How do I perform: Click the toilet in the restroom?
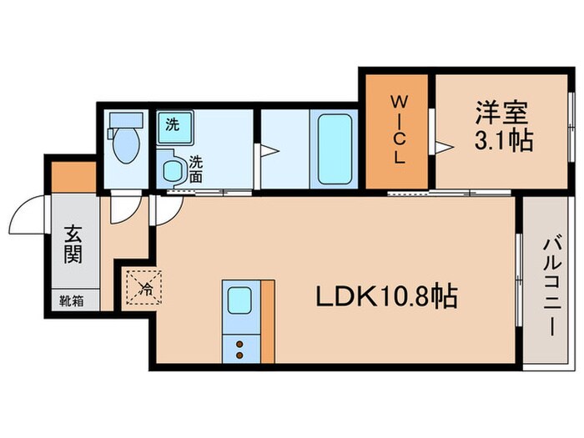pos(125,146)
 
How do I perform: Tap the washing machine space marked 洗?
pos(173,127)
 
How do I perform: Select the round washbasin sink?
pos(174,169)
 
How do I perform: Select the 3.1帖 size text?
pos(504,141)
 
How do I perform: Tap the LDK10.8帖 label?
pos(385,296)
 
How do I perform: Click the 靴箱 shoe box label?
pos(73,299)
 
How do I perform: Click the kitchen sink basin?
pos(240,298)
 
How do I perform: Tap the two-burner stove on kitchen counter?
pos(240,347)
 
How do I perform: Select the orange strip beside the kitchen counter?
pos(268,321)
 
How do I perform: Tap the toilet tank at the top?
pos(125,122)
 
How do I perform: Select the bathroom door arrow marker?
pos(269,150)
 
